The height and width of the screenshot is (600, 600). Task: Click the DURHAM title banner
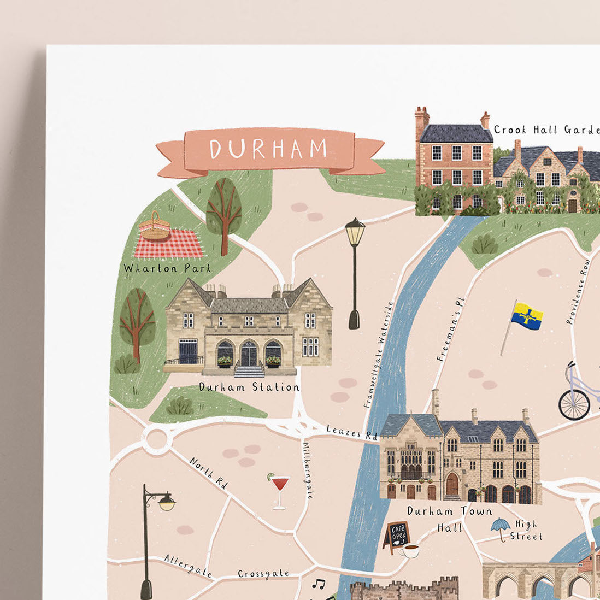(269, 149)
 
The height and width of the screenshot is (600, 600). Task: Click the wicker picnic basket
(154, 226)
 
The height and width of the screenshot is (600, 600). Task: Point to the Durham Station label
(249, 387)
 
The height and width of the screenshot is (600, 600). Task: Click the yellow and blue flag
(526, 317)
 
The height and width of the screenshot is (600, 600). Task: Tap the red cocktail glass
(279, 488)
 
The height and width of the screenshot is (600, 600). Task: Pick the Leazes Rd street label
(352, 432)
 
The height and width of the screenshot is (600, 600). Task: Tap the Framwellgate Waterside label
(378, 355)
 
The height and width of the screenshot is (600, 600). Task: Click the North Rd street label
(208, 473)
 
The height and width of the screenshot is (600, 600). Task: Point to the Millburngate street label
(307, 470)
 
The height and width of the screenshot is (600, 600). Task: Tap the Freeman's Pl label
(451, 330)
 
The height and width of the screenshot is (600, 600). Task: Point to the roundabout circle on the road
(156, 438)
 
